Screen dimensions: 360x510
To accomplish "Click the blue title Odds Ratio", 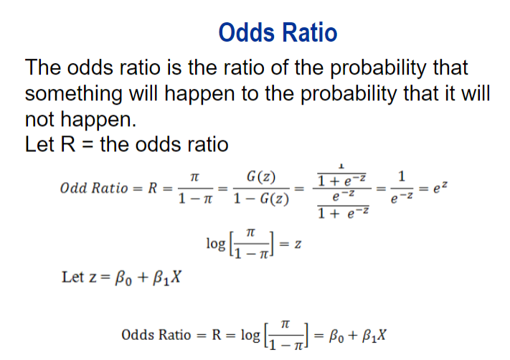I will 278,32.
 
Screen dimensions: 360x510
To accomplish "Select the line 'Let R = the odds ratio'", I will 126,144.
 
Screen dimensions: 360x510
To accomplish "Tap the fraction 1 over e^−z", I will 402,189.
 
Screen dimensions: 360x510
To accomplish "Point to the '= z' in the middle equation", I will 292,245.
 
